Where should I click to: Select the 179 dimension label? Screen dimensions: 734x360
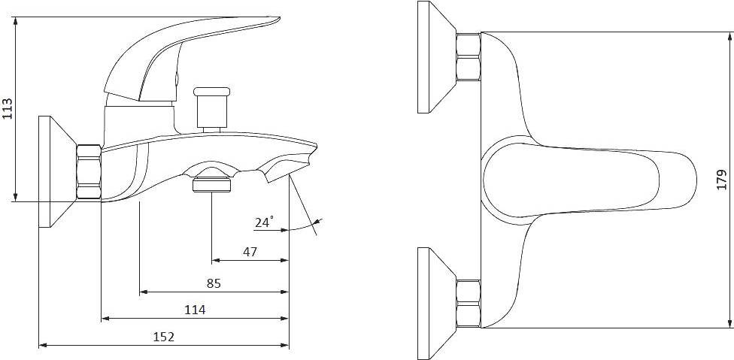[x=721, y=180]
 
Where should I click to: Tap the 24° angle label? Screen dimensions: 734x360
[x=265, y=222]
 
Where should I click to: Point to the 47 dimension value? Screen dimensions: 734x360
[x=250, y=252]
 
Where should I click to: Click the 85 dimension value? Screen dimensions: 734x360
[x=214, y=283]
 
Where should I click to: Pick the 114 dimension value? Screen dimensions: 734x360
[x=195, y=310]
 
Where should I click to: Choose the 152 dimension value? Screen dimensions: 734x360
[x=164, y=336]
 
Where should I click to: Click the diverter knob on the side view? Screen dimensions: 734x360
[x=212, y=107]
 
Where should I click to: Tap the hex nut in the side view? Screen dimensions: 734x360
[x=89, y=172]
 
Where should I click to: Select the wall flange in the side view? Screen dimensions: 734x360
[x=56, y=171]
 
